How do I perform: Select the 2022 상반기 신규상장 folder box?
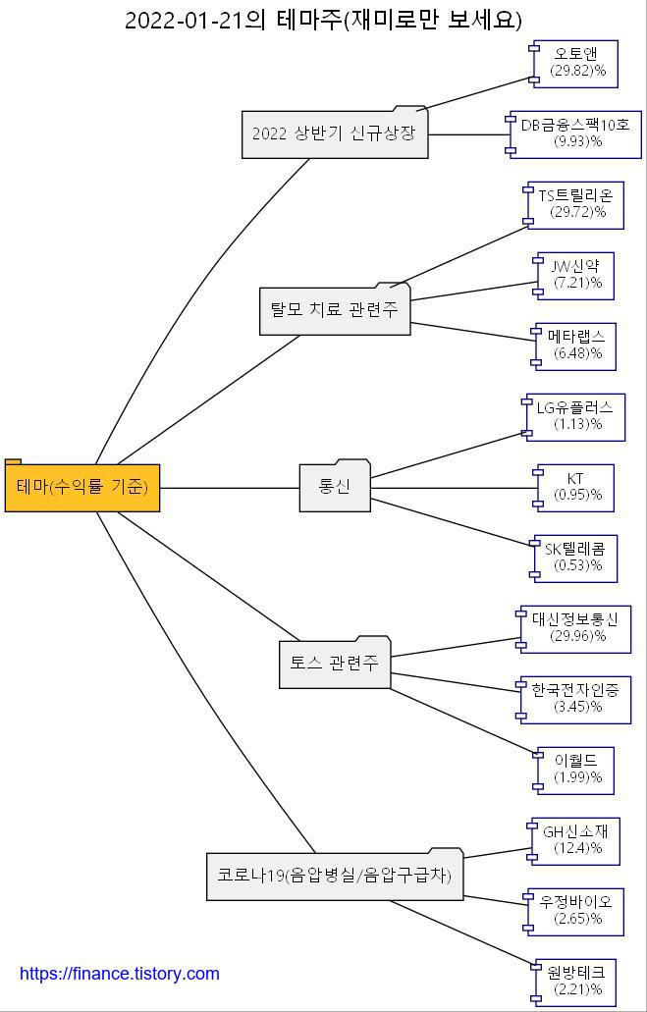pyautogui.click(x=335, y=134)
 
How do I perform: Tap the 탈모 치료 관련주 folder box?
pyautogui.click(x=335, y=310)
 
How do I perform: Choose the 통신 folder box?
pyautogui.click(x=335, y=487)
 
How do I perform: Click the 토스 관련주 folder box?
pyautogui.click(x=335, y=664)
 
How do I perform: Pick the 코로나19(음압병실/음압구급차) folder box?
pyautogui.click(x=335, y=876)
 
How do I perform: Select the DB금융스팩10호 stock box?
pyautogui.click(x=577, y=134)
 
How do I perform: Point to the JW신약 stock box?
pyautogui.click(x=577, y=276)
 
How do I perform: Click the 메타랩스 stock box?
pyautogui.click(x=577, y=346)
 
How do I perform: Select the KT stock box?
pyautogui.click(x=576, y=488)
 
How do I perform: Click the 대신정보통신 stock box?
pyautogui.click(x=577, y=629)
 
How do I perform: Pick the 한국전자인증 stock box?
pyautogui.click(x=577, y=699)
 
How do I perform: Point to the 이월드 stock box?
pyautogui.click(x=577, y=771)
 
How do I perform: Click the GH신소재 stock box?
pyautogui.click(x=577, y=840)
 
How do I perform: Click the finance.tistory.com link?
pyautogui.click(x=120, y=974)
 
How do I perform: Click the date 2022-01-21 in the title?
pyautogui.click(x=184, y=21)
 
